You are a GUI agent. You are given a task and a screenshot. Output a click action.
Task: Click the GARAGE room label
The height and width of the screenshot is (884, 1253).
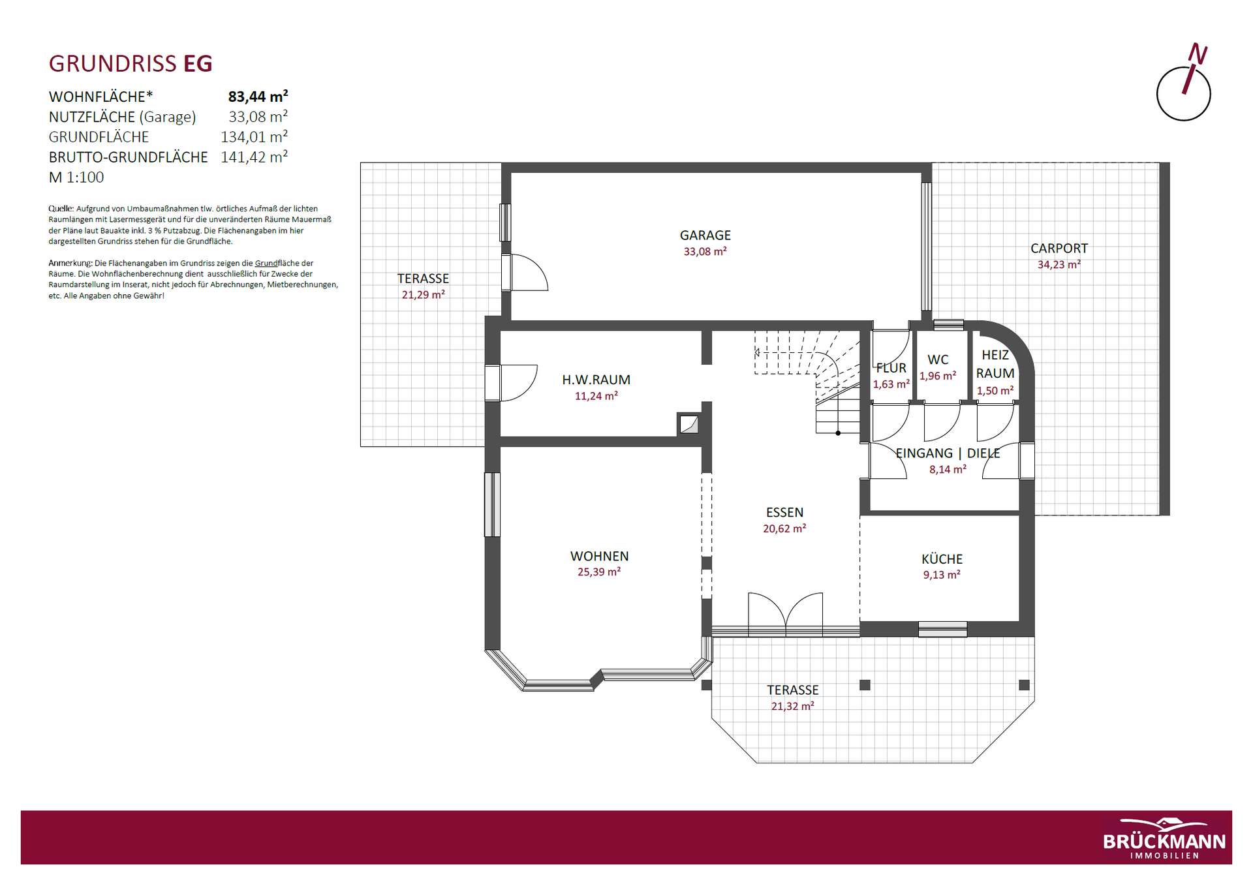pos(705,235)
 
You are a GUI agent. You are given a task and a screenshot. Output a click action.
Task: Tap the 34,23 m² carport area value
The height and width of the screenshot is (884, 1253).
pos(1059,264)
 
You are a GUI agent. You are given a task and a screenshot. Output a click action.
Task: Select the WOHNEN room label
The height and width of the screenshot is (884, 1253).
pos(599,556)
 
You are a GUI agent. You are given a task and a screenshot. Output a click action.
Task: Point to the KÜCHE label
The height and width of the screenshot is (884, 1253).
pos(942,559)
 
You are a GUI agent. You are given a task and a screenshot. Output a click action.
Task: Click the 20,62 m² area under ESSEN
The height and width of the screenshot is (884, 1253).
pos(784,528)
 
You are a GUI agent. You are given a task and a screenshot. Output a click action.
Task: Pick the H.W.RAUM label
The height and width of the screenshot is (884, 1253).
pos(596,380)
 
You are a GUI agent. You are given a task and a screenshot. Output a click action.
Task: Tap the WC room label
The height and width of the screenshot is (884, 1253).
pos(938,359)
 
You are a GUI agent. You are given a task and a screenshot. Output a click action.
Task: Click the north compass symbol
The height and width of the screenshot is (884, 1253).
pos(1184,83)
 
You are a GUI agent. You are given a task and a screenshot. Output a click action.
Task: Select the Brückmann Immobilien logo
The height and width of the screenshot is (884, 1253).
pos(1164,838)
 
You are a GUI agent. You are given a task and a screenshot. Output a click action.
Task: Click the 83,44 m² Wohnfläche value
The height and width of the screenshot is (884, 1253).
pos(258,97)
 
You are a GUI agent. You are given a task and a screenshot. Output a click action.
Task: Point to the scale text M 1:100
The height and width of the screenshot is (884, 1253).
pos(76,177)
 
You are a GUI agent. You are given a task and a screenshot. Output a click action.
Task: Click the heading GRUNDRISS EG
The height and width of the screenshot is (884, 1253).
pos(131,64)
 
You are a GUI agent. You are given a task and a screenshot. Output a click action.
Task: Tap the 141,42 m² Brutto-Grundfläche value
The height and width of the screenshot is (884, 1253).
pos(254,157)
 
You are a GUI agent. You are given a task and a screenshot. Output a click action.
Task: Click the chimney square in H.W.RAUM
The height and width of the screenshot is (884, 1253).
pos(688,425)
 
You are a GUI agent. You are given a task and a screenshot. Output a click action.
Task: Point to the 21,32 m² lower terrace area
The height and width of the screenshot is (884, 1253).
pos(792,706)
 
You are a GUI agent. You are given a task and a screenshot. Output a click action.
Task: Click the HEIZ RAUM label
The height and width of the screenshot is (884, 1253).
pos(995,364)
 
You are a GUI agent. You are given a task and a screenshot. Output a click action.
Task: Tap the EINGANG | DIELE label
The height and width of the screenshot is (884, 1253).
pos(948,453)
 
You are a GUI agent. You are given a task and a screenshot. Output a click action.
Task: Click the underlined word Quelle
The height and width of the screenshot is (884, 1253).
pos(61,209)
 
